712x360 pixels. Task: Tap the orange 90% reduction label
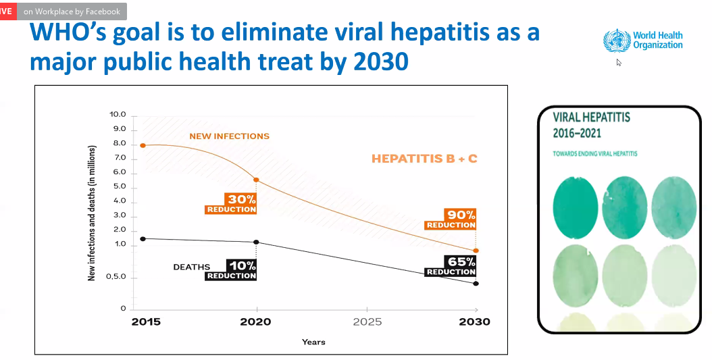(x=451, y=219)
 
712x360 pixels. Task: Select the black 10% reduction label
(x=231, y=269)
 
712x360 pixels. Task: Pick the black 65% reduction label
(x=451, y=266)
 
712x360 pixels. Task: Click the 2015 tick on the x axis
(x=145, y=322)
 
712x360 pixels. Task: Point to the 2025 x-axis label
(x=367, y=322)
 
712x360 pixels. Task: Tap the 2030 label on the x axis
(x=475, y=322)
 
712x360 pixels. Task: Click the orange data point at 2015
(x=143, y=145)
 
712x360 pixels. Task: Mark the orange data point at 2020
(x=256, y=180)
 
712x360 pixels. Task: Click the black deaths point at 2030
(x=476, y=284)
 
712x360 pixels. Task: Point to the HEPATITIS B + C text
(x=424, y=159)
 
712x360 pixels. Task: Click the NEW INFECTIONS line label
(x=229, y=136)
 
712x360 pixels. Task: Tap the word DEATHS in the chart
(x=192, y=267)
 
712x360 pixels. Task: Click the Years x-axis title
(x=313, y=342)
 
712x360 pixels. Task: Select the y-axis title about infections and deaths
(x=92, y=213)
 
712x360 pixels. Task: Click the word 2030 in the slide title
(x=379, y=62)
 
